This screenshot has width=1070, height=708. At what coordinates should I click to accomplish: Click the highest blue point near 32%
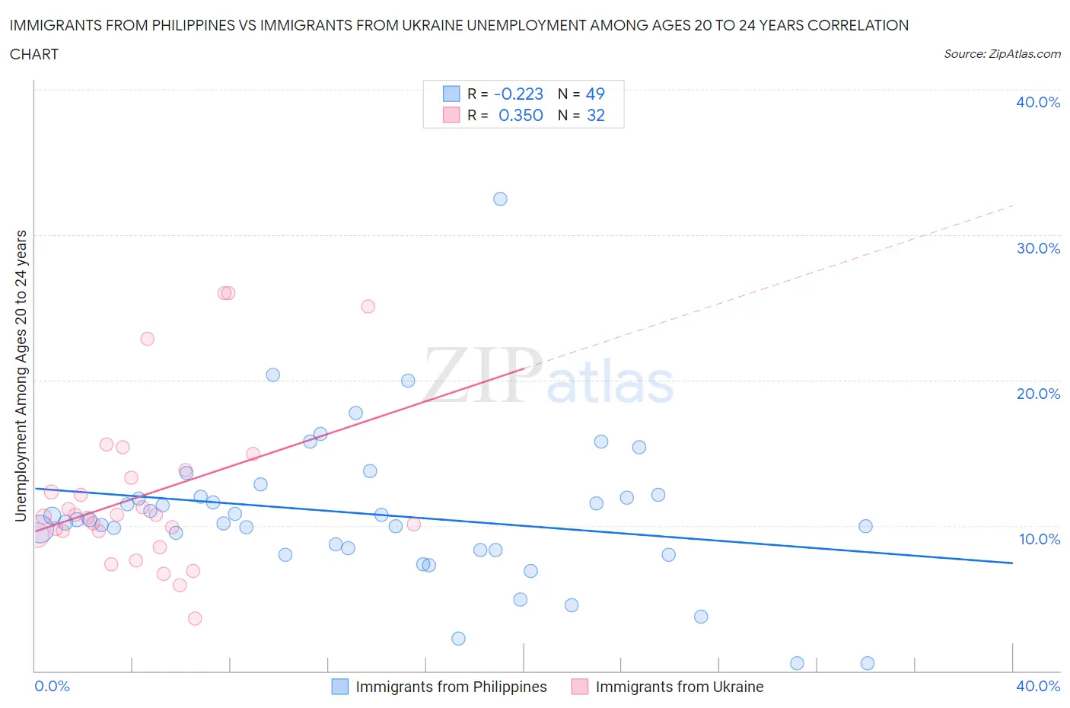500,199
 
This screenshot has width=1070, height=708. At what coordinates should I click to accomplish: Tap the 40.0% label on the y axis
1037,102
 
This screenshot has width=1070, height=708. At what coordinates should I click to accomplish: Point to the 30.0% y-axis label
1037,248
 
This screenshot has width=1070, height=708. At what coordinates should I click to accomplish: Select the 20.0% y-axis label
1037,394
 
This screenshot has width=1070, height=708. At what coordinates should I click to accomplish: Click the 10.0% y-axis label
1039,539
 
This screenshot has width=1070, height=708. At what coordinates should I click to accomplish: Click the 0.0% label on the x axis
52,686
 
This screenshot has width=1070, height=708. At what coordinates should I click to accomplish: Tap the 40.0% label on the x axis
1037,686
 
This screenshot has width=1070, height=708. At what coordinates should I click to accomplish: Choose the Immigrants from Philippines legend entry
451,687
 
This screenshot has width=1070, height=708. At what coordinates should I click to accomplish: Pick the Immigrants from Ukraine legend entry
679,687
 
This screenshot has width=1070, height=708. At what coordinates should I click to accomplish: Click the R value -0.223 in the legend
518,94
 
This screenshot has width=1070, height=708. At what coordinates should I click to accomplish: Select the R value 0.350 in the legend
521,115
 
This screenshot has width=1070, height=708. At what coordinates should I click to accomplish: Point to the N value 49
594,94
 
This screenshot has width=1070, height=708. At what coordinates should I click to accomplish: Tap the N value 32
595,115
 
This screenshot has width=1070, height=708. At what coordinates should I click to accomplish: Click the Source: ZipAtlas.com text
1002,54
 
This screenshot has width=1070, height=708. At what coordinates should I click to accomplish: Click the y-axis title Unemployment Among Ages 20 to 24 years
21,376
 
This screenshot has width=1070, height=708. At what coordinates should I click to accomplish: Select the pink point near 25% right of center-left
368,306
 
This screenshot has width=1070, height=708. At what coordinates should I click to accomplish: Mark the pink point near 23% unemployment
148,339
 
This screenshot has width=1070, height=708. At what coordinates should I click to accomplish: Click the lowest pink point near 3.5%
195,618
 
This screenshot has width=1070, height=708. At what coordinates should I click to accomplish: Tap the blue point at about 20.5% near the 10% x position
273,375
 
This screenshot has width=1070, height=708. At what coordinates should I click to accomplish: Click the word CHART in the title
34,54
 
